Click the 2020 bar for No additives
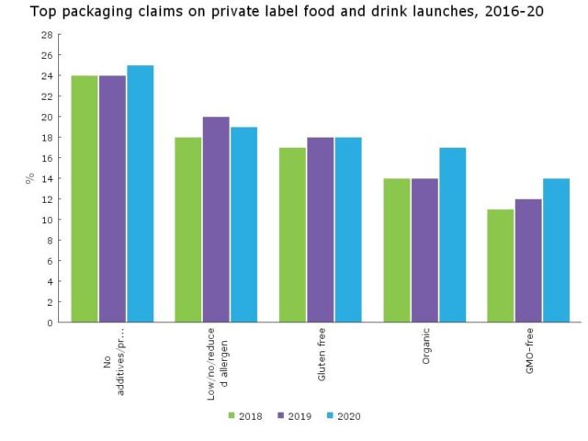click(140, 194)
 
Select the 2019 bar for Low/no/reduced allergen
click(216, 220)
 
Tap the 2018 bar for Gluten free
click(292, 235)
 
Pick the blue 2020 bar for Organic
click(452, 235)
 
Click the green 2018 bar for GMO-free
click(501, 266)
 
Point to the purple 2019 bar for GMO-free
click(528, 261)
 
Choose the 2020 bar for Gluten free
click(348, 230)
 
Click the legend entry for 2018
click(243, 416)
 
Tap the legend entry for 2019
click(293, 416)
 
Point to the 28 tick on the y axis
click(47, 35)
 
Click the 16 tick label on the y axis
click(47, 158)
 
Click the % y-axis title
click(29, 178)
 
